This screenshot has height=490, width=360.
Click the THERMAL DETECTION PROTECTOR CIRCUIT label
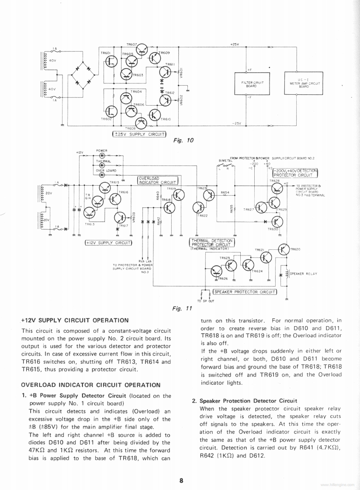click(x=211, y=242)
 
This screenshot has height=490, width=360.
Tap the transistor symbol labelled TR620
click(x=284, y=250)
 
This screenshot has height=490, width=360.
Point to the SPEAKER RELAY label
click(x=303, y=274)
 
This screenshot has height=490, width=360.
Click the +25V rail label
click(x=235, y=45)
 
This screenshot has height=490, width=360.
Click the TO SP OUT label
click(x=205, y=301)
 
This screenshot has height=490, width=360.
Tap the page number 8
click(x=180, y=480)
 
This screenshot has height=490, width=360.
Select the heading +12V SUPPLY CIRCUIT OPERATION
click(x=75, y=320)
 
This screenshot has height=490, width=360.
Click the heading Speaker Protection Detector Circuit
click(x=248, y=400)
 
